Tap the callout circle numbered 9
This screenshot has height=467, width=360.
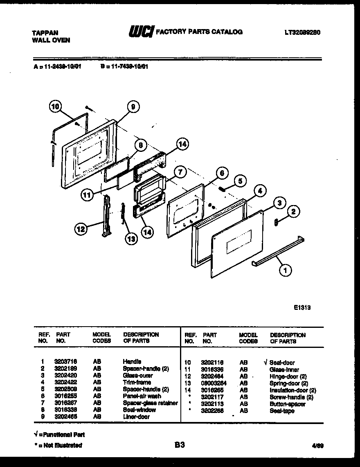tap(132, 107)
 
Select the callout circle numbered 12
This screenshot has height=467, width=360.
tap(81, 229)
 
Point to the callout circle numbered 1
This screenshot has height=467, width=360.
tap(285, 269)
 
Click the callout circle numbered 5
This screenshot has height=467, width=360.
tap(241, 180)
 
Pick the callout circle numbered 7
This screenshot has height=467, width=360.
tap(180, 171)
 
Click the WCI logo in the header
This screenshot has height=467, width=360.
tap(141, 32)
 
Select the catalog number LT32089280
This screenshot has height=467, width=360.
tap(302, 32)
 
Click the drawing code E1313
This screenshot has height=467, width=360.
tap(302, 308)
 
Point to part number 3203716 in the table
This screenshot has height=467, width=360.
tap(65, 362)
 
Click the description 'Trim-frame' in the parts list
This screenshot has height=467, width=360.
tap(137, 382)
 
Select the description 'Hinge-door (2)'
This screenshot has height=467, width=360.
tap(288, 377)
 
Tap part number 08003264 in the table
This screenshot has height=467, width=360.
tap(214, 384)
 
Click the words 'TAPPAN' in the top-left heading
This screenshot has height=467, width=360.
tap(45, 33)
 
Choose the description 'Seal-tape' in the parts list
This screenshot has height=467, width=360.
tap(282, 411)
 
